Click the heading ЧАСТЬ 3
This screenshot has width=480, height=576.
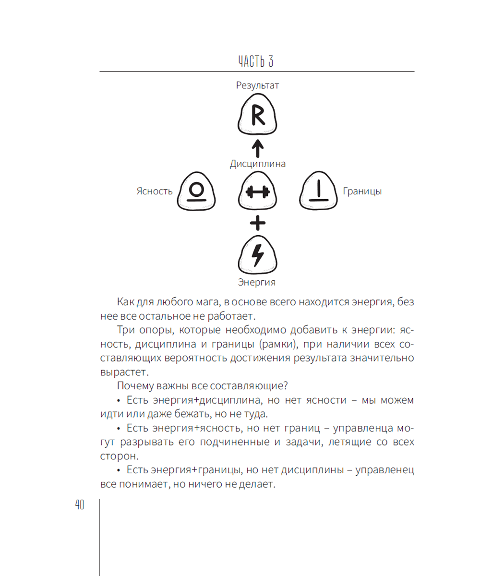(257, 62)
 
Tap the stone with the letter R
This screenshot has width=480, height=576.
(257, 116)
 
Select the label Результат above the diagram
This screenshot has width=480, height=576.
(257, 86)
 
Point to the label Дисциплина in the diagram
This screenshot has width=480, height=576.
(258, 164)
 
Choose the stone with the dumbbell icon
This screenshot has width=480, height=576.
(258, 192)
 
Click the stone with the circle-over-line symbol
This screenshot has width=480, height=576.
(196, 192)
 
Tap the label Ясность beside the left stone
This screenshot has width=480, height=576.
(155, 192)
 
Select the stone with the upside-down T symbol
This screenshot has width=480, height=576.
(319, 192)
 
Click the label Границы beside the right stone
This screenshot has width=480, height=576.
(362, 192)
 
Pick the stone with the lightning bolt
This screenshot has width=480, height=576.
(258, 255)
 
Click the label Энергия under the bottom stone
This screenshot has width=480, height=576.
(257, 282)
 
